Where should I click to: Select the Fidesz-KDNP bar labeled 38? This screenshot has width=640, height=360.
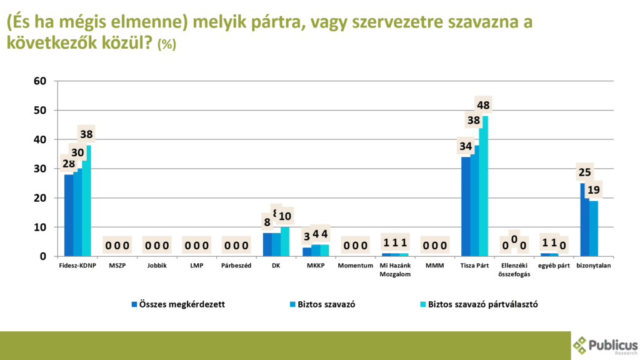click(x=86, y=201)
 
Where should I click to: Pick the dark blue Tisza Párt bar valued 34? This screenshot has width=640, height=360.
click(x=466, y=206)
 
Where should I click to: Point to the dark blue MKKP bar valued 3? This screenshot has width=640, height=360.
click(x=306, y=252)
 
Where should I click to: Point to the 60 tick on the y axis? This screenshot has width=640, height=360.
click(x=41, y=81)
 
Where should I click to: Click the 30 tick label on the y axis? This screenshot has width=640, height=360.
click(x=41, y=169)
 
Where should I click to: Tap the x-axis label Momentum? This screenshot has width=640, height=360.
click(x=356, y=266)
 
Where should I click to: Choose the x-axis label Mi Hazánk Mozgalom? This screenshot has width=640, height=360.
click(x=395, y=269)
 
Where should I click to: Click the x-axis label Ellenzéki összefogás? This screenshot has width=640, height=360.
click(x=514, y=269)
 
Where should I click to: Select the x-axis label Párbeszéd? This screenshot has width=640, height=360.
click(x=236, y=266)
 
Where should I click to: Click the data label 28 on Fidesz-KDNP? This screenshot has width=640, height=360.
click(x=69, y=164)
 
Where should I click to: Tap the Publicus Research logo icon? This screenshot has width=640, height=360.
click(x=581, y=345)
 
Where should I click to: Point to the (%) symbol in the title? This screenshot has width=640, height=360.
click(x=167, y=45)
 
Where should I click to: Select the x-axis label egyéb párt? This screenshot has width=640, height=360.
click(x=554, y=266)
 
